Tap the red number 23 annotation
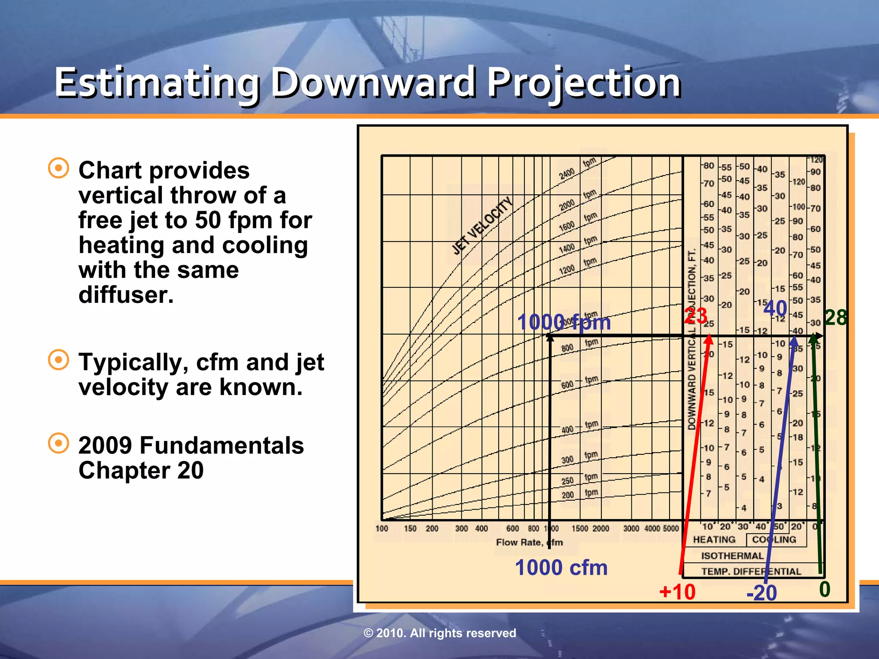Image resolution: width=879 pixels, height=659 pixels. point(695,316)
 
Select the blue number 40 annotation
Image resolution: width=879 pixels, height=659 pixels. point(775,308)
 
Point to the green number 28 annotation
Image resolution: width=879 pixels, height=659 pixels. point(836,318)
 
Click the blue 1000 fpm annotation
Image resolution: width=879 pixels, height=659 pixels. point(564,322)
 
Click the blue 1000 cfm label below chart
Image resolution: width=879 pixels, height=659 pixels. point(561,568)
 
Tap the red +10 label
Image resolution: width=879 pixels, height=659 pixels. point(677,592)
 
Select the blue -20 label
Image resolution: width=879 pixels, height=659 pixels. point(761,593)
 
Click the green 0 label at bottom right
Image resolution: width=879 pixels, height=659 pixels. point(824,589)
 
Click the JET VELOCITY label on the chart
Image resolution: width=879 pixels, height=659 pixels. point(482,226)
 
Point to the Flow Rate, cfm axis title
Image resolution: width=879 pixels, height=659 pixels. point(529,542)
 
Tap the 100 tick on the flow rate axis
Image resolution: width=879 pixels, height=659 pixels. point(382,529)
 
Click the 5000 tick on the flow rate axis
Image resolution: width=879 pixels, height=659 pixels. point(671,529)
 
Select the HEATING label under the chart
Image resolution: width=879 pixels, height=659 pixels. point(714,540)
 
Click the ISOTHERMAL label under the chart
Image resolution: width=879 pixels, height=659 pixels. point(732,556)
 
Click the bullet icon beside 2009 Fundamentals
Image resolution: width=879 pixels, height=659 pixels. point(58,443)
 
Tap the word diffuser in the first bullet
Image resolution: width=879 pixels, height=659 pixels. point(126,295)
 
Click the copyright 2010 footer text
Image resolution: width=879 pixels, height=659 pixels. point(439,633)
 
